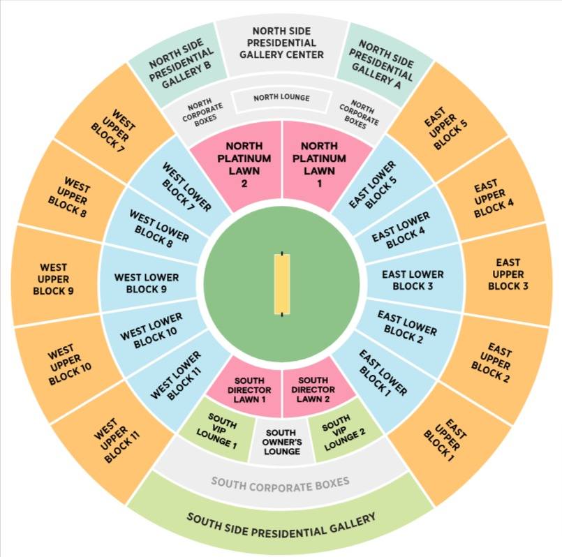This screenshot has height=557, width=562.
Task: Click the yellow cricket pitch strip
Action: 282,283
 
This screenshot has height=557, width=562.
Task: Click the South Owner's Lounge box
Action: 281,441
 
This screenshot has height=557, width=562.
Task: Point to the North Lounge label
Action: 281,98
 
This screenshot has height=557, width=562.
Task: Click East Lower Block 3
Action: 413,280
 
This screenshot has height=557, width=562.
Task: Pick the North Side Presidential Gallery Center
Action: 281,43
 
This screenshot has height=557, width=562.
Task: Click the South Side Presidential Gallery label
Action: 281,519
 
